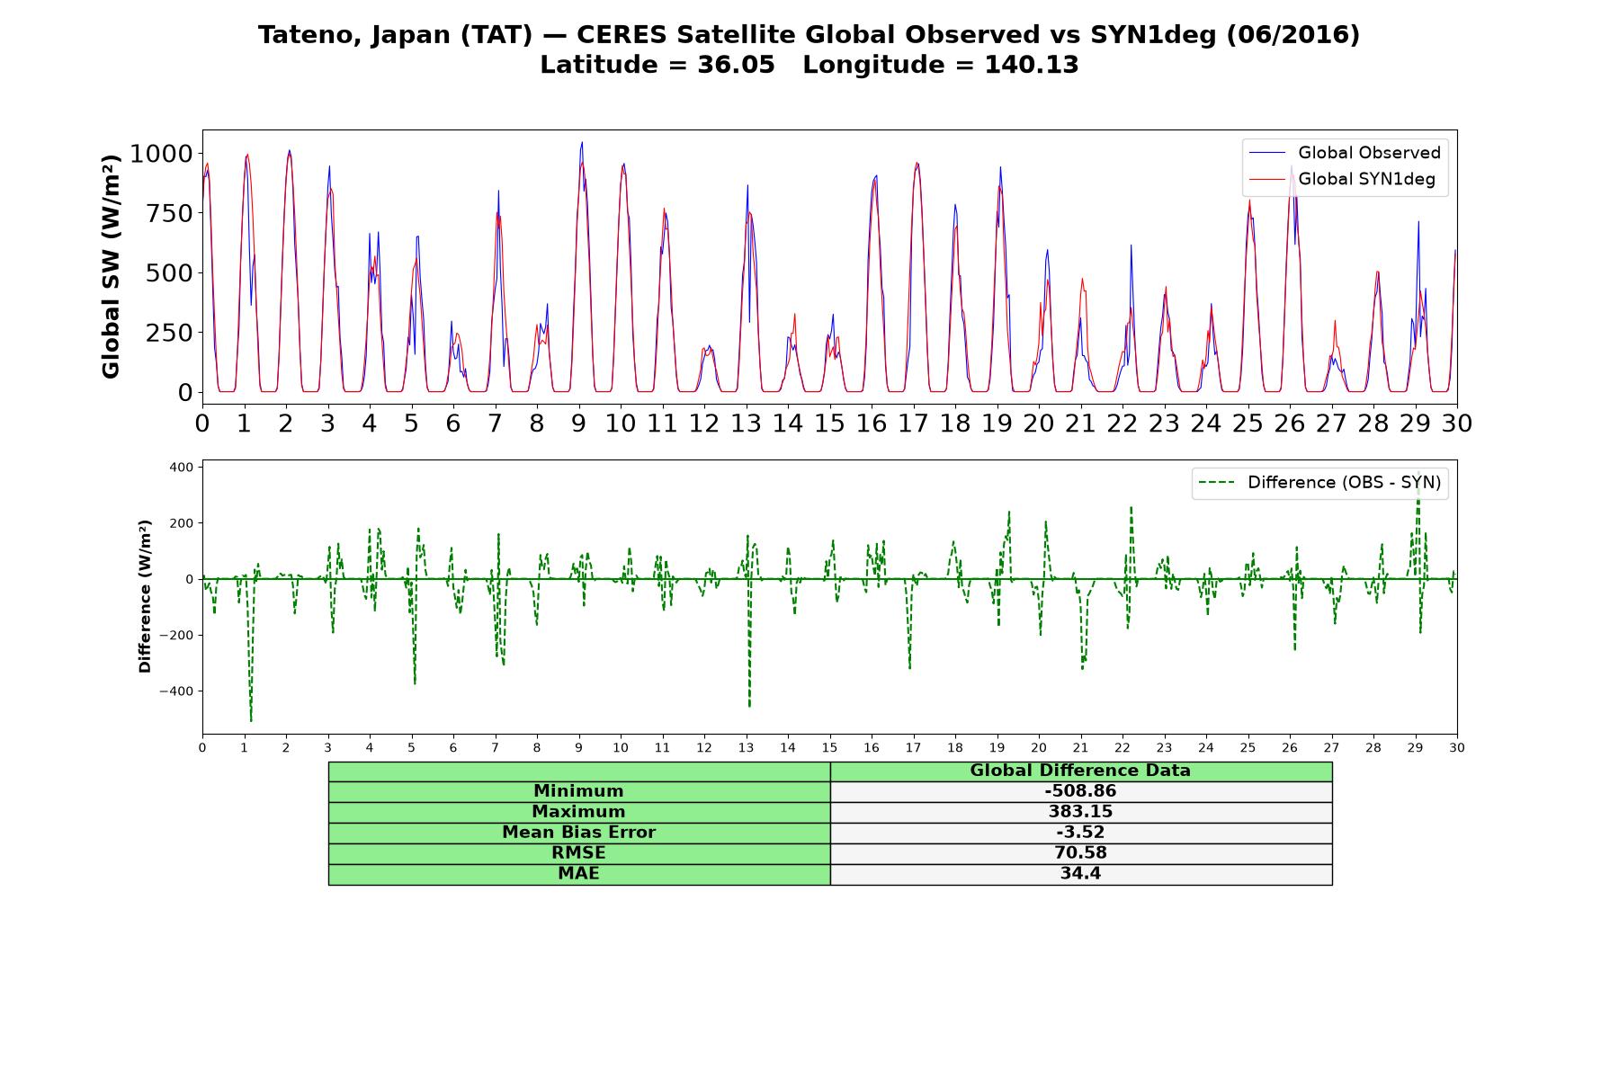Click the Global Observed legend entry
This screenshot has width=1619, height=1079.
[x=1345, y=153]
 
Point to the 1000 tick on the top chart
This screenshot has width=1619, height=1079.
[x=161, y=154]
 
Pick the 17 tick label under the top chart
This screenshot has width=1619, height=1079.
[x=913, y=423]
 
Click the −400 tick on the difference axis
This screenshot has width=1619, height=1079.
[x=175, y=691]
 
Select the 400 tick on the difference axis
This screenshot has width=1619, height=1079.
[x=181, y=468]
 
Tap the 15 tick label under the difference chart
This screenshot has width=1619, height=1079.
[x=829, y=747]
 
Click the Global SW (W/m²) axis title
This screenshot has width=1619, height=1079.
[x=111, y=267]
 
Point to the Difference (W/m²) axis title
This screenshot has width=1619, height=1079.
[x=145, y=596]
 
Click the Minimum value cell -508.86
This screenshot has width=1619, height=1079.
[x=1080, y=791]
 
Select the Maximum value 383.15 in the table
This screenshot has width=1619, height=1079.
[x=1080, y=812]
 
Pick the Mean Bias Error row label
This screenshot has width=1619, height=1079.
[x=578, y=833]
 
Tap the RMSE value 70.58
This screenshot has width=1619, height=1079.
[x=1080, y=853]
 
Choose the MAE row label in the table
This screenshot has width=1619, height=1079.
[x=578, y=874]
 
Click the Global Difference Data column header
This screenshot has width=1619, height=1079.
[x=1080, y=771]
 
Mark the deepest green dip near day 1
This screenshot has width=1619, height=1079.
[x=251, y=720]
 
